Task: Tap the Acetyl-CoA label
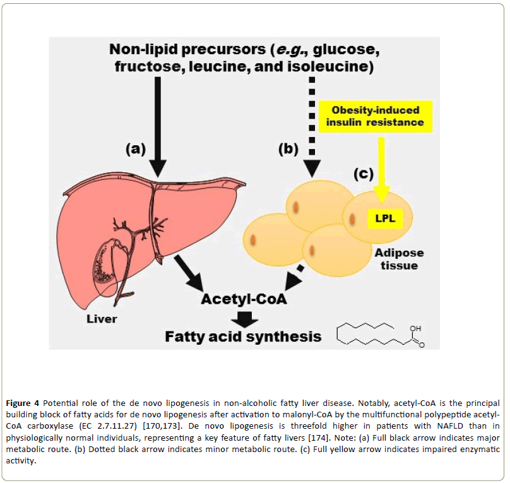(x=244, y=299)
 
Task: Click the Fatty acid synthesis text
(x=243, y=336)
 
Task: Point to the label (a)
(x=134, y=149)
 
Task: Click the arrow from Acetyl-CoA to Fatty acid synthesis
(x=243, y=318)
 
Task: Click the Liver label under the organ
(x=102, y=318)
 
